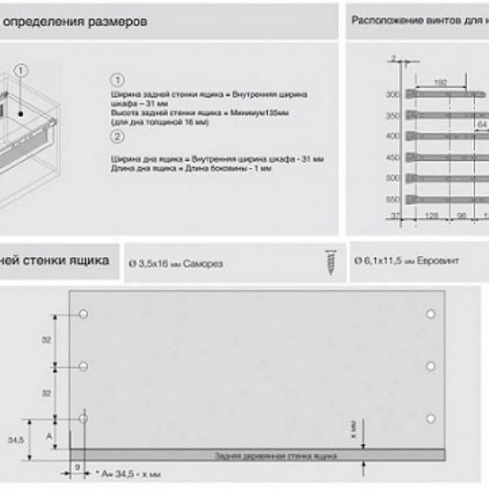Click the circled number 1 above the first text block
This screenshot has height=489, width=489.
117,79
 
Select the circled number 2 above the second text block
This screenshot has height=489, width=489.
117,139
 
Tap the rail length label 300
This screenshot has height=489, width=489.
393,95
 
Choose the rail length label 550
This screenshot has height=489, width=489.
393,198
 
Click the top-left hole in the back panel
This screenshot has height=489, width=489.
83,315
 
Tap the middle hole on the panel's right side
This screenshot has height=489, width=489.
430,366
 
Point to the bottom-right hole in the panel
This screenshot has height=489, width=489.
430,417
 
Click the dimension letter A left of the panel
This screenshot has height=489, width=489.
48,438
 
